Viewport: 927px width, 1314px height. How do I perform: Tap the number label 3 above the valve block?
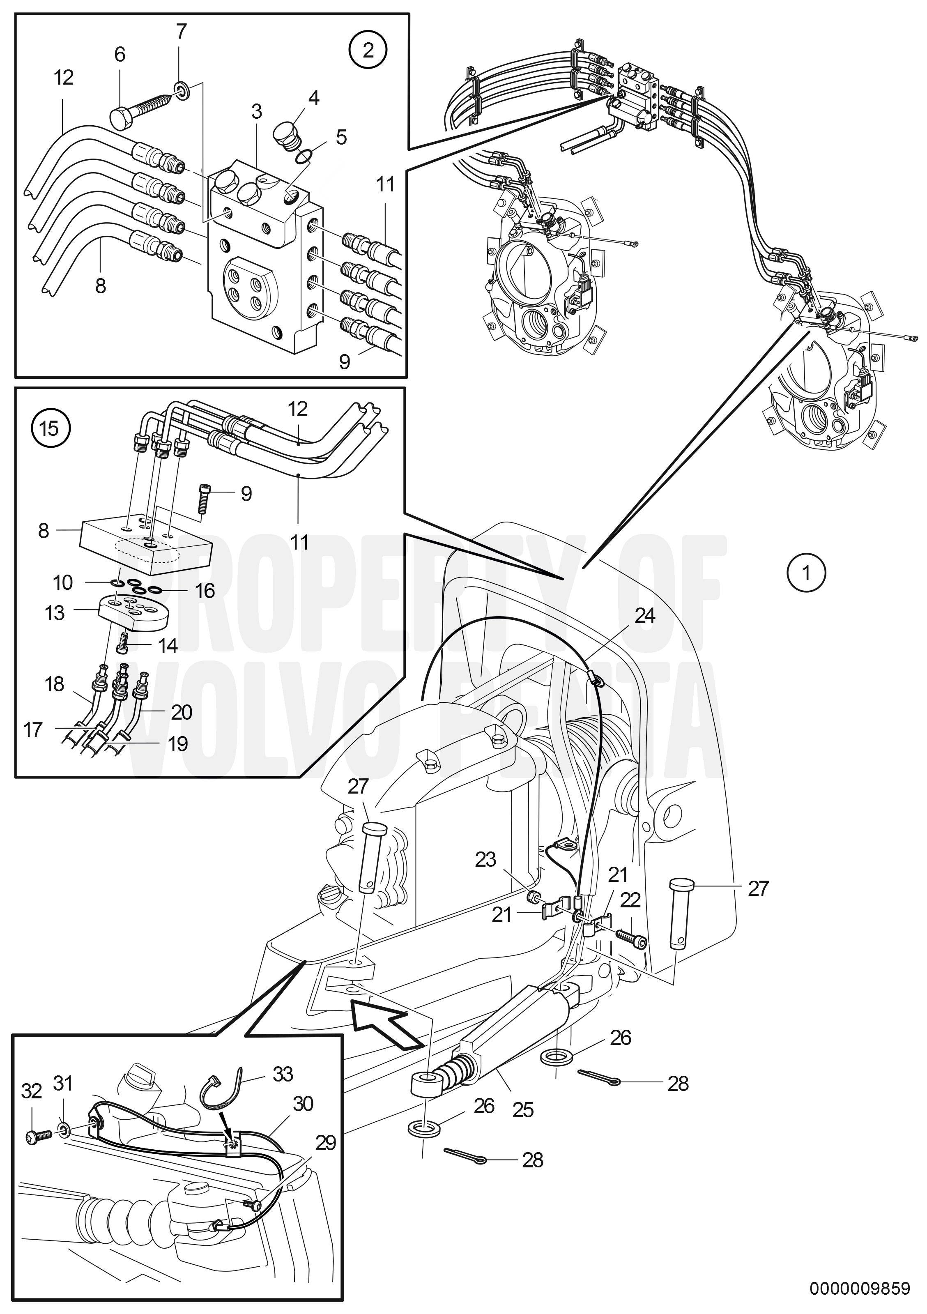(x=256, y=112)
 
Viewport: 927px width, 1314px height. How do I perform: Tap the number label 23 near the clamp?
(x=486, y=860)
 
